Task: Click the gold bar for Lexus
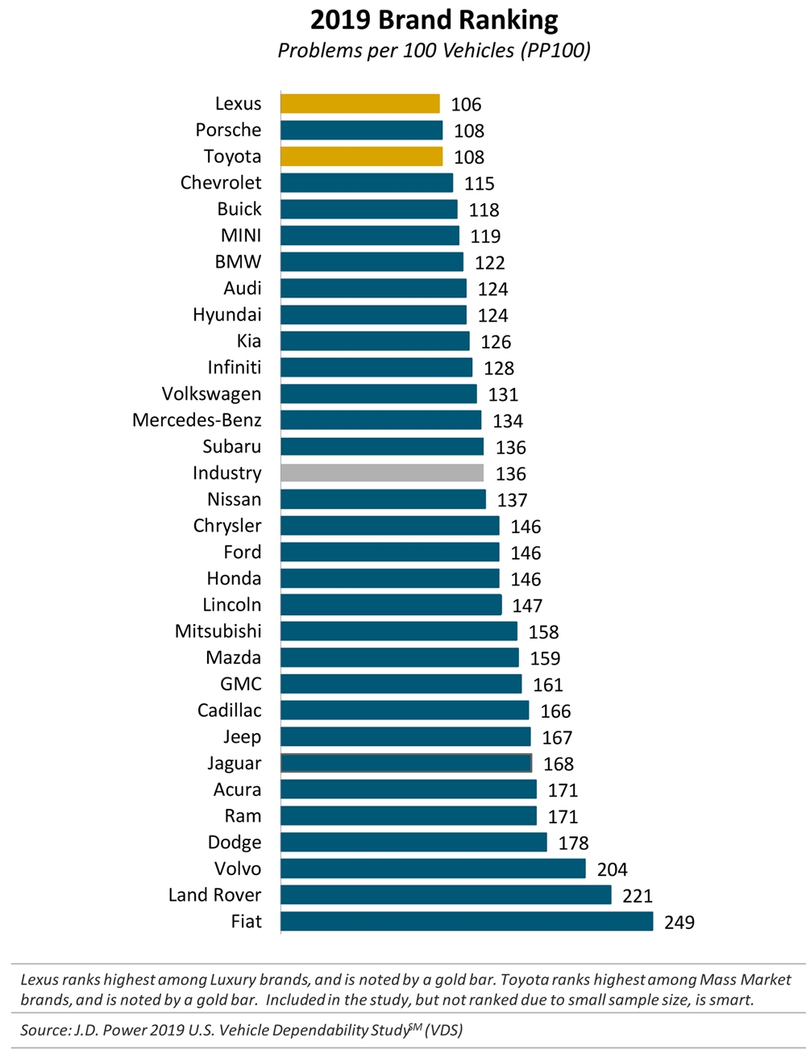360,104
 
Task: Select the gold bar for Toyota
362,156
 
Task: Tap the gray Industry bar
382,473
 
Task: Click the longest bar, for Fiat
467,922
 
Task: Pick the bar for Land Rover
446,895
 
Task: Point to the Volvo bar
433,869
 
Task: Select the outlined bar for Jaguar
406,763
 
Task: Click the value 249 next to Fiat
679,923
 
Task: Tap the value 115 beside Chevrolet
480,184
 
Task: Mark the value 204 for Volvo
613,869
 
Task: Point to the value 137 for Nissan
512,501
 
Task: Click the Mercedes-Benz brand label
197,420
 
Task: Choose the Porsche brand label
228,130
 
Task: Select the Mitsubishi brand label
218,631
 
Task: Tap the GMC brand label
241,684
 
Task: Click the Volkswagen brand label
211,394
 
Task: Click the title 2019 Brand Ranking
434,20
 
